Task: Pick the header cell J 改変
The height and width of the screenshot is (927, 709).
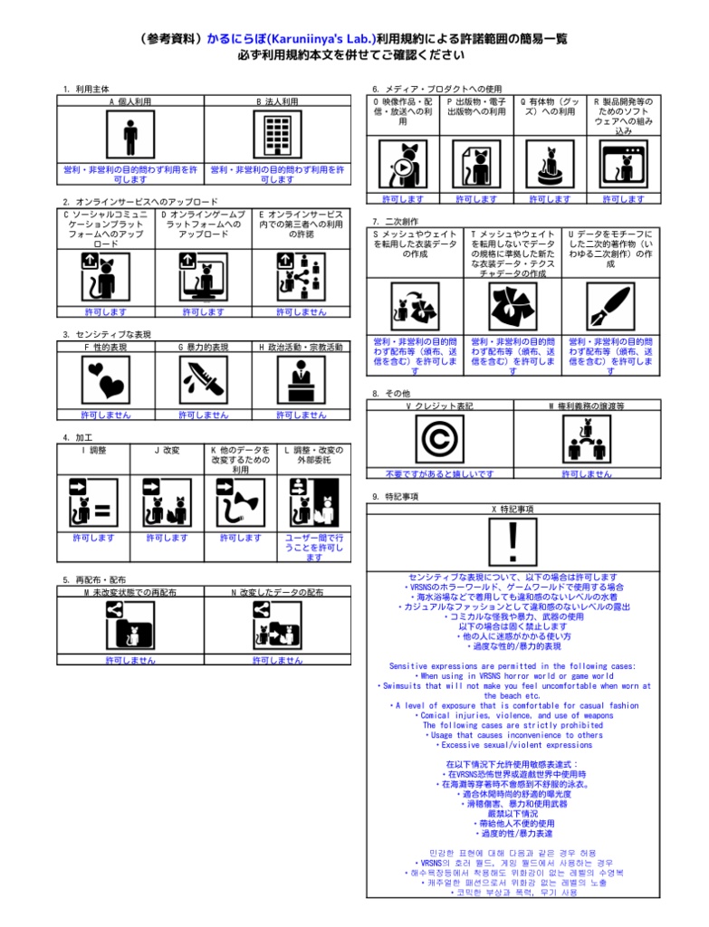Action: [167, 449]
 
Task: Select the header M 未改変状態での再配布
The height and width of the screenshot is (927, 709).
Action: [129, 591]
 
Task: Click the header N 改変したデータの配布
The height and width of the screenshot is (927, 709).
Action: [276, 591]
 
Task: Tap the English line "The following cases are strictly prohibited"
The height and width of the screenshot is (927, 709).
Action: [513, 725]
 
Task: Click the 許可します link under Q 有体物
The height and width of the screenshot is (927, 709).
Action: [550, 198]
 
